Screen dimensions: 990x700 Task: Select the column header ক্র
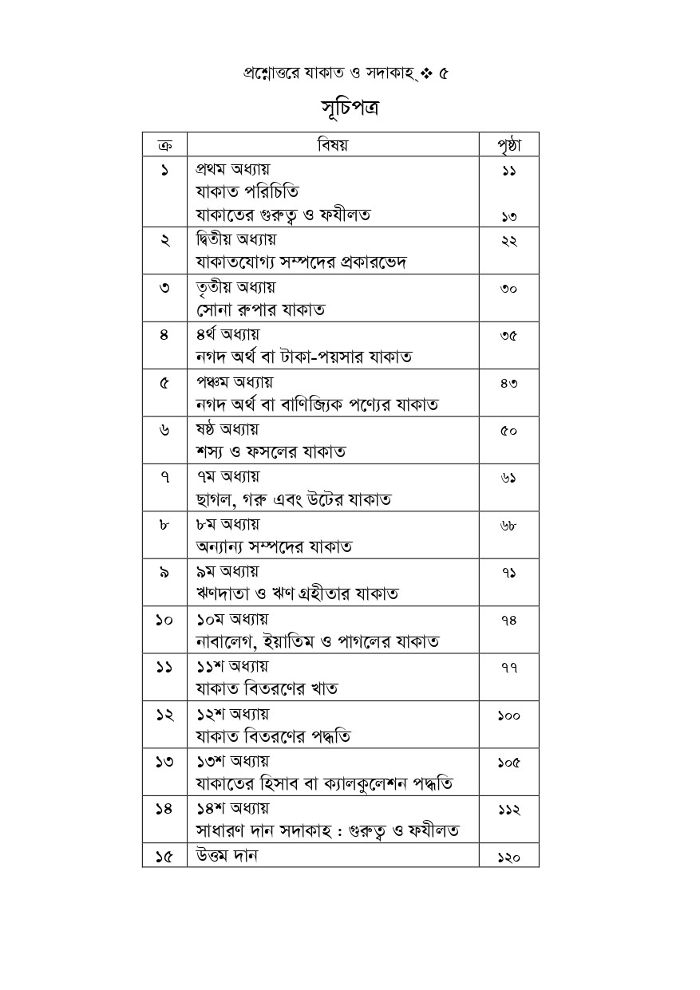tap(164, 145)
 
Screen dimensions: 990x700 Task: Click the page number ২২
tap(508, 242)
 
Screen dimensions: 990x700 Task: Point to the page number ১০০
tap(508, 716)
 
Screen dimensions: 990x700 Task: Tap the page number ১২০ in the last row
tap(508, 858)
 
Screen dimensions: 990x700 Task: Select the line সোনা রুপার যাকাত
tap(259, 310)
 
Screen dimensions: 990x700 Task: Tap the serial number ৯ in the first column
tap(164, 573)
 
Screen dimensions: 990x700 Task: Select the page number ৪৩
tap(508, 384)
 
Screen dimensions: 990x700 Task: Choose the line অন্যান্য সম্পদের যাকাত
tap(274, 546)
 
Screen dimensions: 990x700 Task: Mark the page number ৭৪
tap(508, 621)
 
